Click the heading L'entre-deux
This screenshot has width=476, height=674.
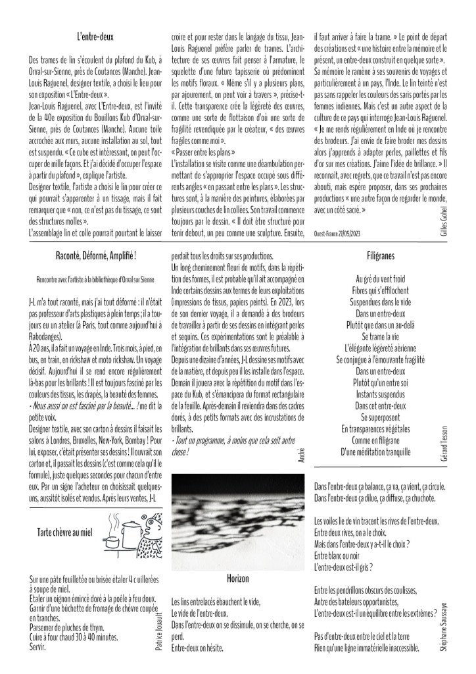95,37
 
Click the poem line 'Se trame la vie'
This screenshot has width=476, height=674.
381,337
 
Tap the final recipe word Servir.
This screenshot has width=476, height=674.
39,648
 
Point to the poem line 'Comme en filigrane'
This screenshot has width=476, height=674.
381,440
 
